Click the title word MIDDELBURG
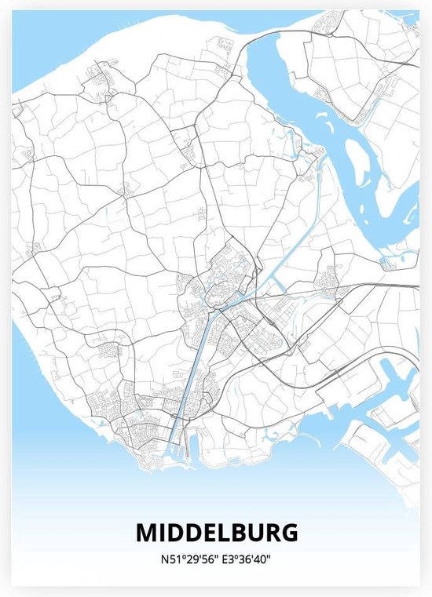[x=216, y=533]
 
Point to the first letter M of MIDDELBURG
[x=146, y=533]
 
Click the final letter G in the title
[x=289, y=533]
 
